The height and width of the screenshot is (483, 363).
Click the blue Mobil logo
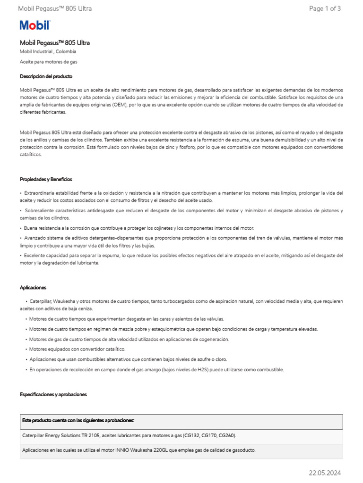click(x=35, y=25)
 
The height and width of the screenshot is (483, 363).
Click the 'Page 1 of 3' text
click(x=325, y=8)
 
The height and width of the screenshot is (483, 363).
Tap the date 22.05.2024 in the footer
click(x=325, y=473)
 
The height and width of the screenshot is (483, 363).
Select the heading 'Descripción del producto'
click(x=46, y=76)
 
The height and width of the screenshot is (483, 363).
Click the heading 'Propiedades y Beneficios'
click(x=46, y=179)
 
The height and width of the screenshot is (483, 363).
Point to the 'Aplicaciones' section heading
click(x=33, y=287)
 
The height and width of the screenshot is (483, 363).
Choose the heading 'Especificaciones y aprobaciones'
click(x=53, y=394)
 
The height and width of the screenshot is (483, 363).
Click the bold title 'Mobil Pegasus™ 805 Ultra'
click(x=55, y=42)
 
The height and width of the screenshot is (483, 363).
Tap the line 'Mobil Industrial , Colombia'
click(x=48, y=51)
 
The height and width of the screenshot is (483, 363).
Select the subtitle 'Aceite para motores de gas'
click(x=49, y=62)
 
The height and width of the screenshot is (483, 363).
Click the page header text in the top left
click(x=55, y=8)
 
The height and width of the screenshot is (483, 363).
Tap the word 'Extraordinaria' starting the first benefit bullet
click(x=37, y=193)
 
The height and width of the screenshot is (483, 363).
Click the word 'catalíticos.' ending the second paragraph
click(x=31, y=154)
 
